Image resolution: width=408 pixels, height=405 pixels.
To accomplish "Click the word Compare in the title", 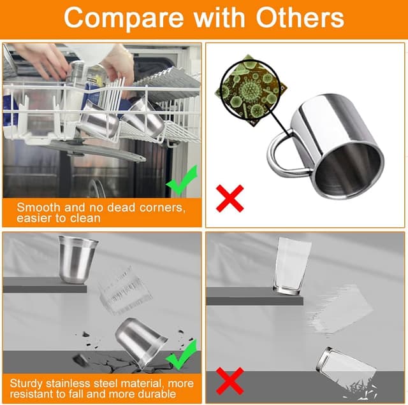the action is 123,18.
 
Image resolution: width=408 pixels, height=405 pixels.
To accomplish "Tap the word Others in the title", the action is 300,17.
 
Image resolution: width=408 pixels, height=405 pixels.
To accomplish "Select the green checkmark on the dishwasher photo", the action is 182,180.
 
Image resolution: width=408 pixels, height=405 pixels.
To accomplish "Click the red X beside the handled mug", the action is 230,198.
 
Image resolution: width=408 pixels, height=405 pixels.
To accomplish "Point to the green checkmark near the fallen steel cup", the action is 182,355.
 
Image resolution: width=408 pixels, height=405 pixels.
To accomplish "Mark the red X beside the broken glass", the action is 230,381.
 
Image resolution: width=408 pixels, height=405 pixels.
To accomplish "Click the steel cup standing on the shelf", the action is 78,259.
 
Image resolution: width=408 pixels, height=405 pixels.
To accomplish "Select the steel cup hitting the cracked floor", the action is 141,343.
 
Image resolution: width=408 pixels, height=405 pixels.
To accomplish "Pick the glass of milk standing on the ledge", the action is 292,266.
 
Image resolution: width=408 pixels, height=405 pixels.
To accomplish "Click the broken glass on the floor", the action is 346,372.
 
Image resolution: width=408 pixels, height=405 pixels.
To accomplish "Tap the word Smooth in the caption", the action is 38,208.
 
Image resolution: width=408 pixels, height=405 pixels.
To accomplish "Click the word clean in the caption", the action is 86,218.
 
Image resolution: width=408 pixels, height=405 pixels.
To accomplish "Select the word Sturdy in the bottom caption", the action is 26,384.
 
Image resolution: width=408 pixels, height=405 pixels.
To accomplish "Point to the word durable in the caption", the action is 157,394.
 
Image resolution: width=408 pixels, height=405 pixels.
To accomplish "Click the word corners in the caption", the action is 162,208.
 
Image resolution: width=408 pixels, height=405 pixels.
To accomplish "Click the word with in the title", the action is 219,17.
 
